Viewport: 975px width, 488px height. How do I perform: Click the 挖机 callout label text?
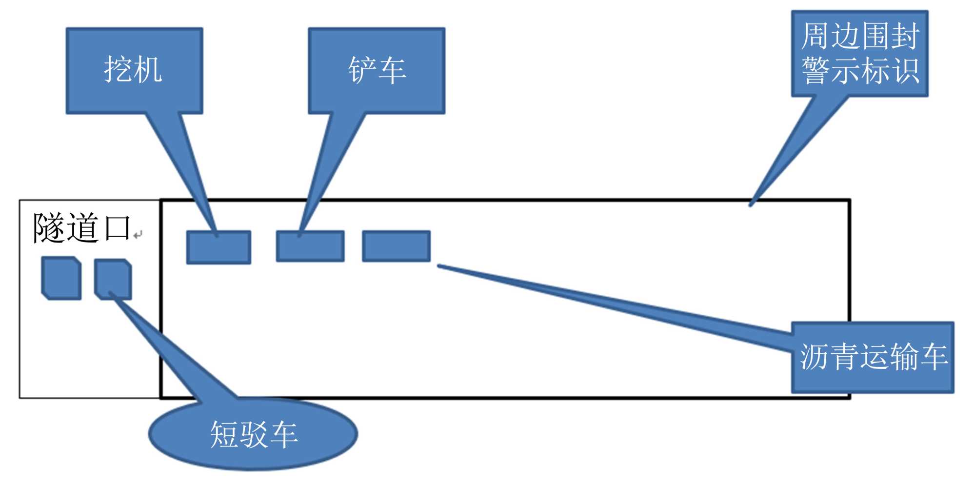133,69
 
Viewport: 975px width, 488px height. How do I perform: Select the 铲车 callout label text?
377,70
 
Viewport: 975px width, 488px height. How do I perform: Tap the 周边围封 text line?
860,36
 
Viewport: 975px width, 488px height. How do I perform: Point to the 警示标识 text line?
860,71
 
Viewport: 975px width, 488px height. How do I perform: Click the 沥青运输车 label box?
873,357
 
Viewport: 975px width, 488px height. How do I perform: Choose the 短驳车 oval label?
254,434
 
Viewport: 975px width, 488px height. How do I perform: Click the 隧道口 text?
82,228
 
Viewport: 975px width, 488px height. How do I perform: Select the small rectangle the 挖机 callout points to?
219,247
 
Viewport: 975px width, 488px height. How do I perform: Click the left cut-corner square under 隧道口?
61,278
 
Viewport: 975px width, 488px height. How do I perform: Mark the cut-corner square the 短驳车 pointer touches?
113,279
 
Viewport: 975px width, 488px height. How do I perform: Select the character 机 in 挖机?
148,69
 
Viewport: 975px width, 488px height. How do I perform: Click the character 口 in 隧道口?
117,228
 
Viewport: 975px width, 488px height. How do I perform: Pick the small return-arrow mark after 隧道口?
138,235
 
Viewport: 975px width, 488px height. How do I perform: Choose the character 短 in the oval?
224,434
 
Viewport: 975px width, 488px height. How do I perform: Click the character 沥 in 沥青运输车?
813,357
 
